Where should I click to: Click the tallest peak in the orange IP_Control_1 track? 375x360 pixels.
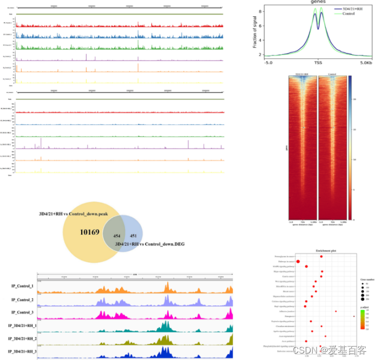tap(167, 284)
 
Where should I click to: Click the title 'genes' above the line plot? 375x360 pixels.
tap(318, 3)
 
